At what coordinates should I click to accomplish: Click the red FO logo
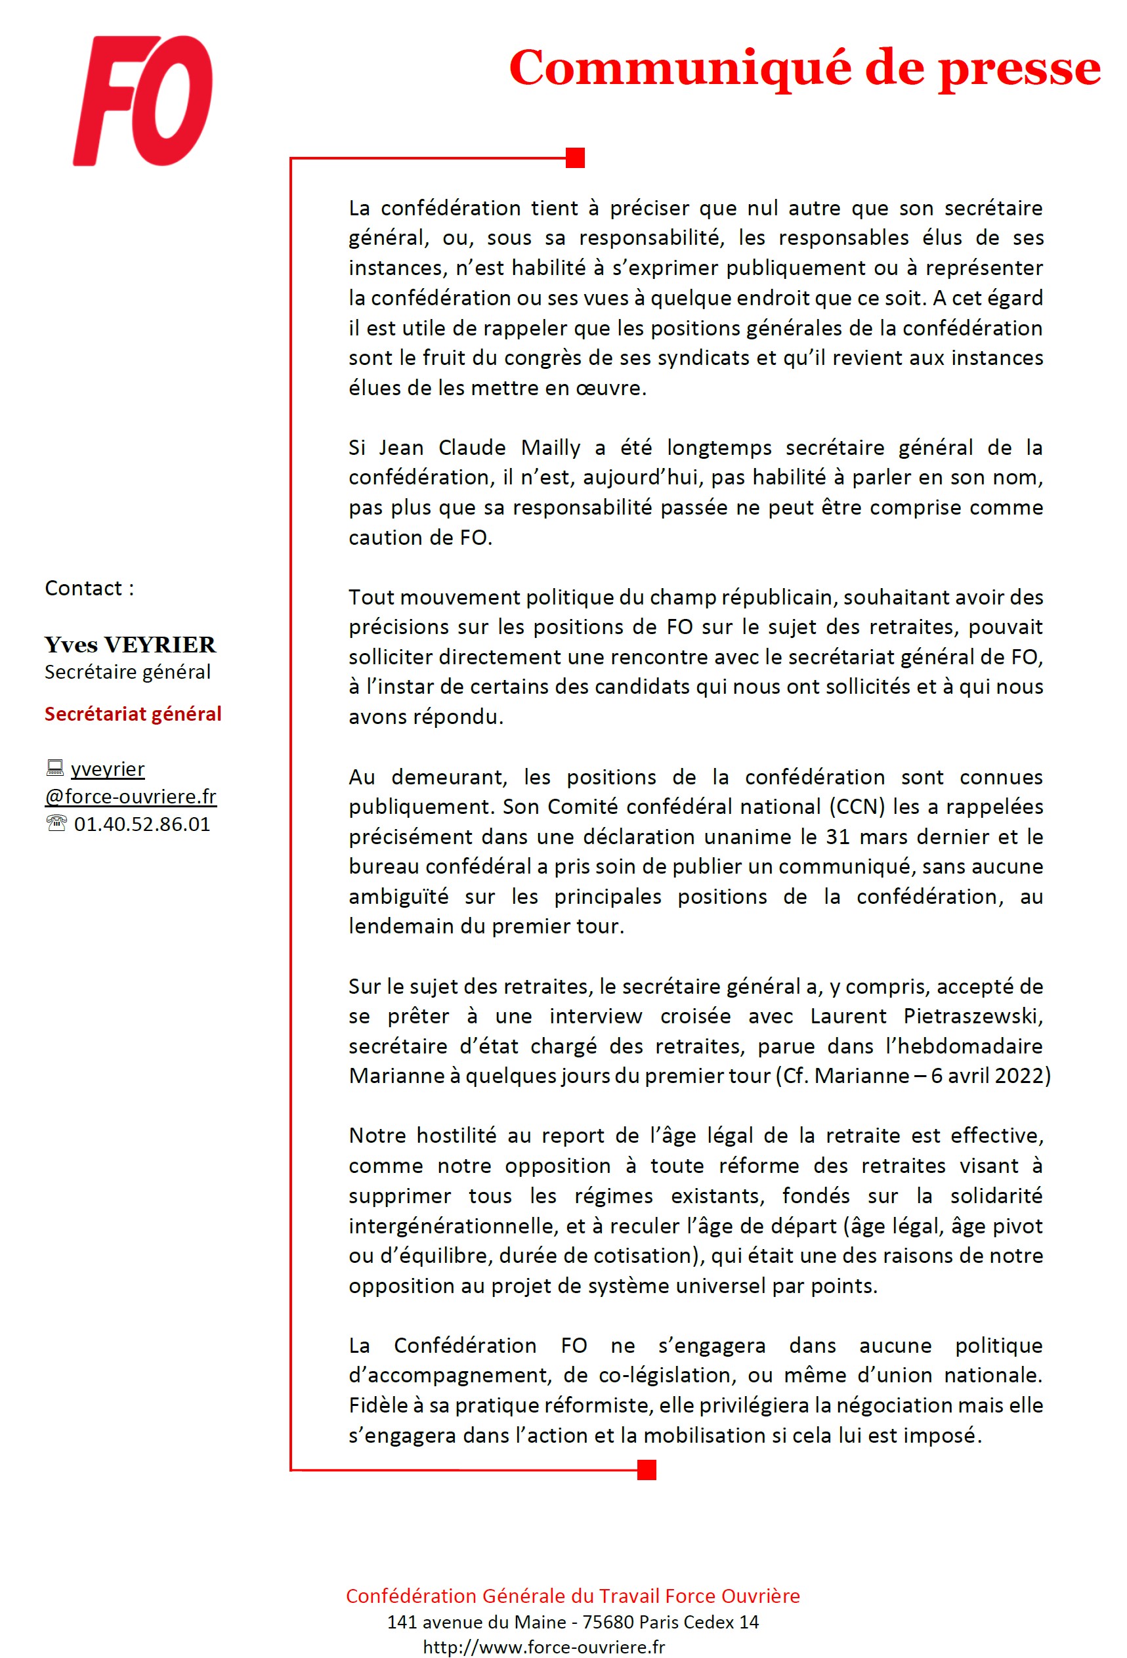tap(142, 100)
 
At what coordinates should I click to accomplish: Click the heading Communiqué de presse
tap(804, 68)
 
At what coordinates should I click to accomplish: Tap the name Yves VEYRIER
tap(130, 644)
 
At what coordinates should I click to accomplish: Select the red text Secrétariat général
tap(133, 713)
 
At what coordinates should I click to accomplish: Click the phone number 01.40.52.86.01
tap(142, 824)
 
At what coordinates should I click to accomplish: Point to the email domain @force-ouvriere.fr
tap(131, 796)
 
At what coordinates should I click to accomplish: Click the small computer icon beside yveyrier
tap(55, 769)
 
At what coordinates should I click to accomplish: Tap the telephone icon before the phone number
tap(56, 824)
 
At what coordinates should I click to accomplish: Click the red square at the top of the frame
tap(575, 158)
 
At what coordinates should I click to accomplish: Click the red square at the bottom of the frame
tap(647, 1470)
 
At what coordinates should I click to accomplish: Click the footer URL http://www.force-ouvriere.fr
tap(543, 1647)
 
